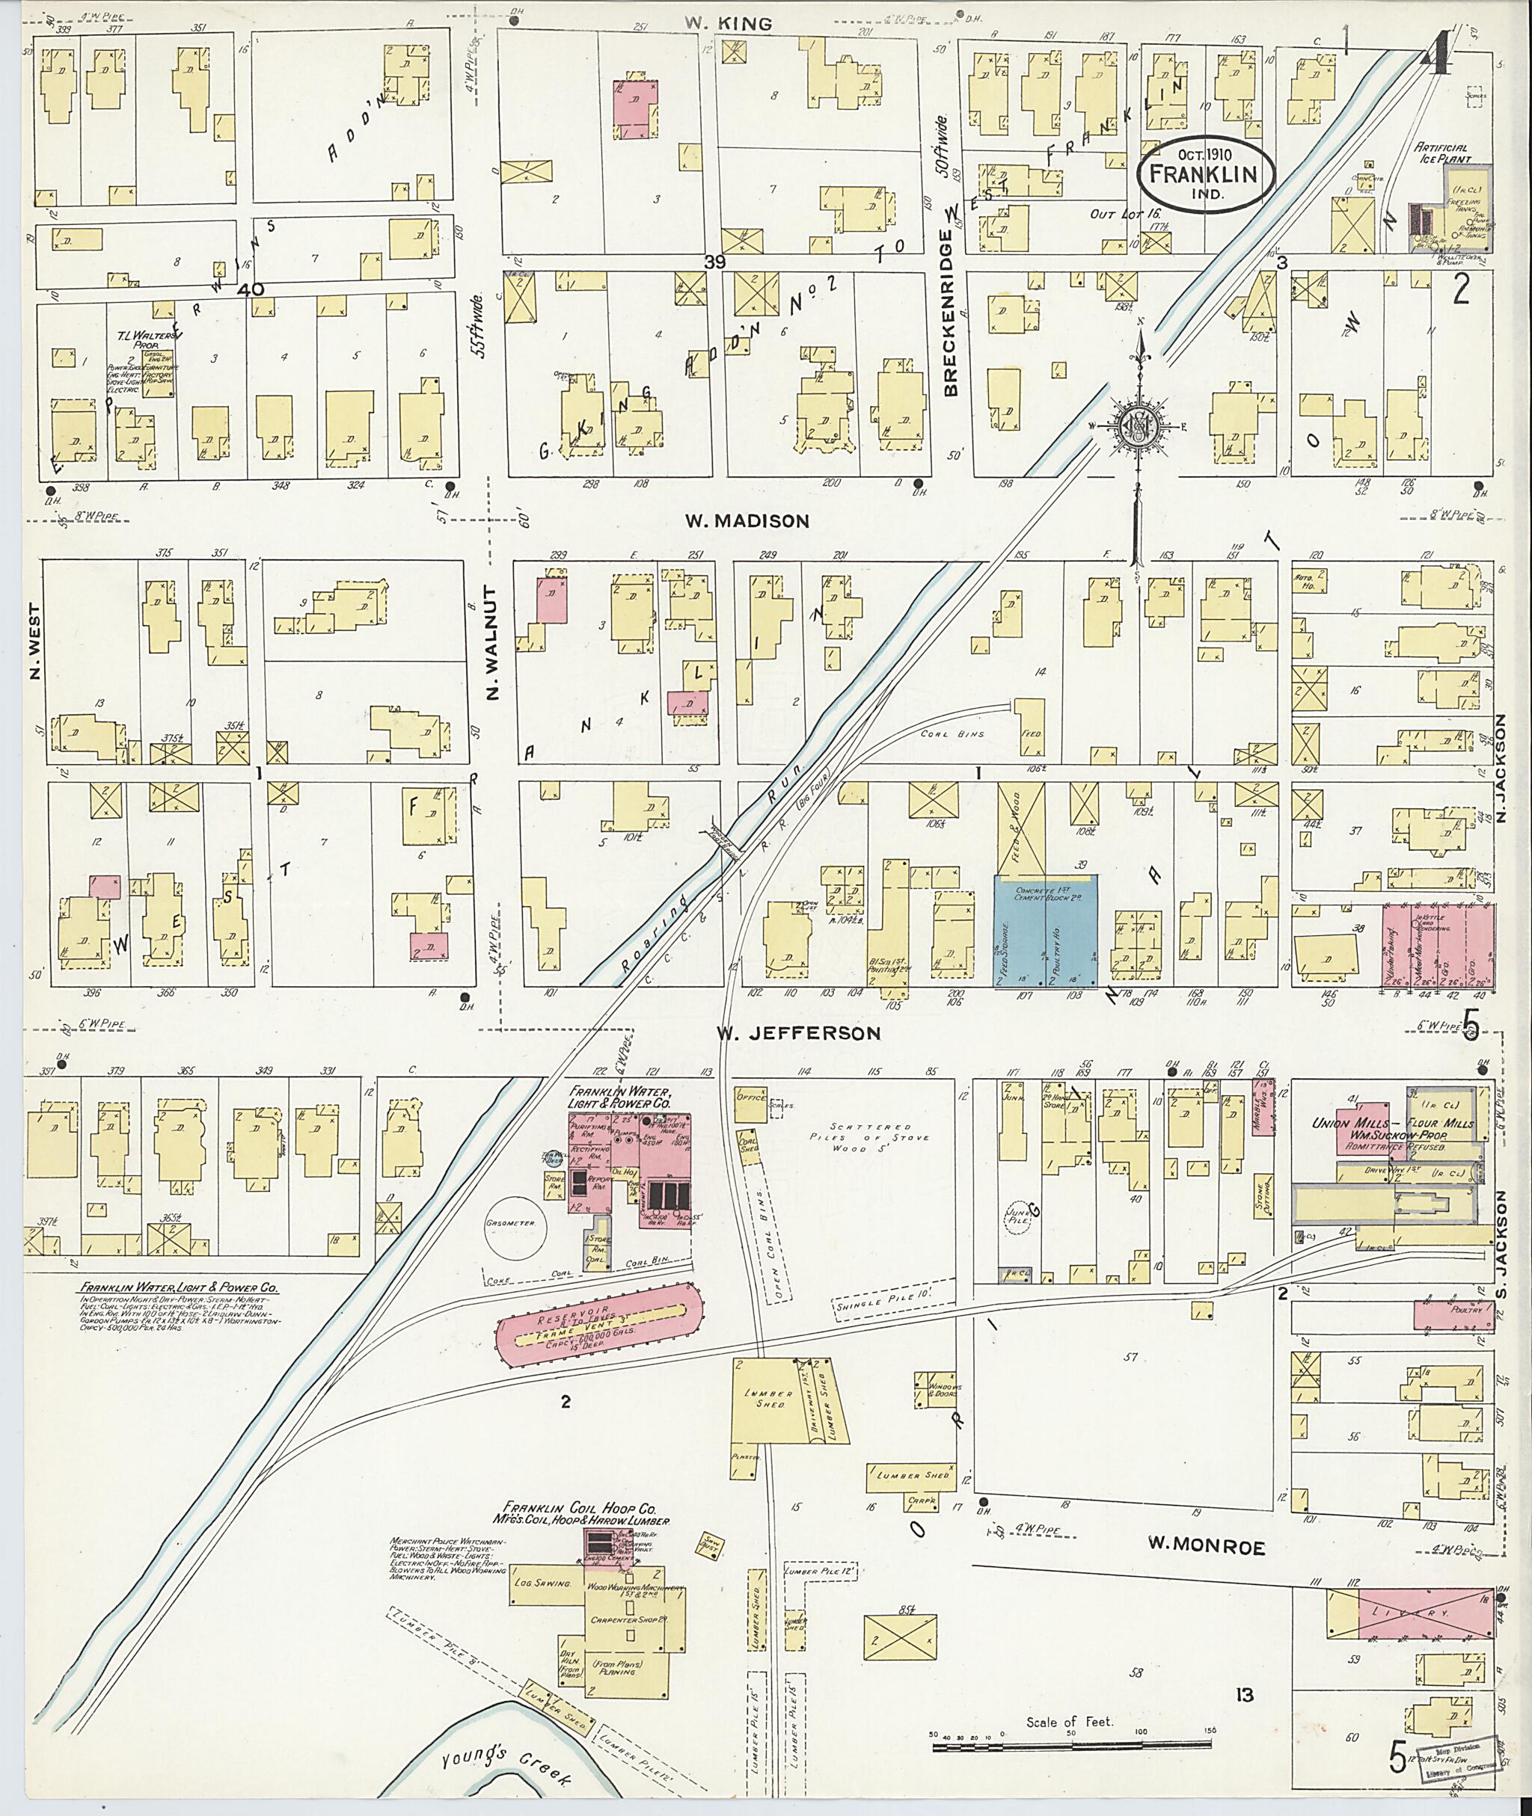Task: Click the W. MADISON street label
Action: (x=746, y=521)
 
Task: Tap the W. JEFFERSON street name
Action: (x=797, y=1033)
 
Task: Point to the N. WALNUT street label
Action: (x=493, y=643)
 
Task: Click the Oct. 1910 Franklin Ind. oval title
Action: (x=1207, y=173)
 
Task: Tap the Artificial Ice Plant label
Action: (x=1441, y=154)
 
